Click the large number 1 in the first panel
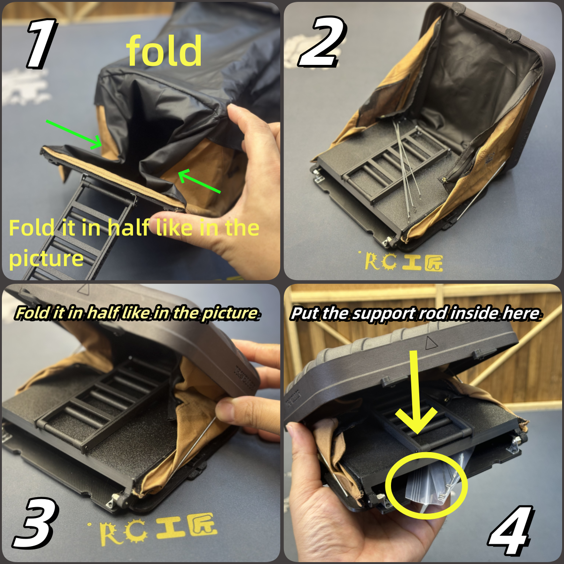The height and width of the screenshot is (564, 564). (x=41, y=44)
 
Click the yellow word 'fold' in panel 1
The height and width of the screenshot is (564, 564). (x=164, y=50)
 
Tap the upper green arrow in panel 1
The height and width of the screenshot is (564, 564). (x=74, y=134)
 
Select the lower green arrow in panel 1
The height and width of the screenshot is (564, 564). (x=199, y=181)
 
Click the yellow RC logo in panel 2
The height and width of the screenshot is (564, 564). (x=404, y=261)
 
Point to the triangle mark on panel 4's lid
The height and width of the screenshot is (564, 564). (x=430, y=343)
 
